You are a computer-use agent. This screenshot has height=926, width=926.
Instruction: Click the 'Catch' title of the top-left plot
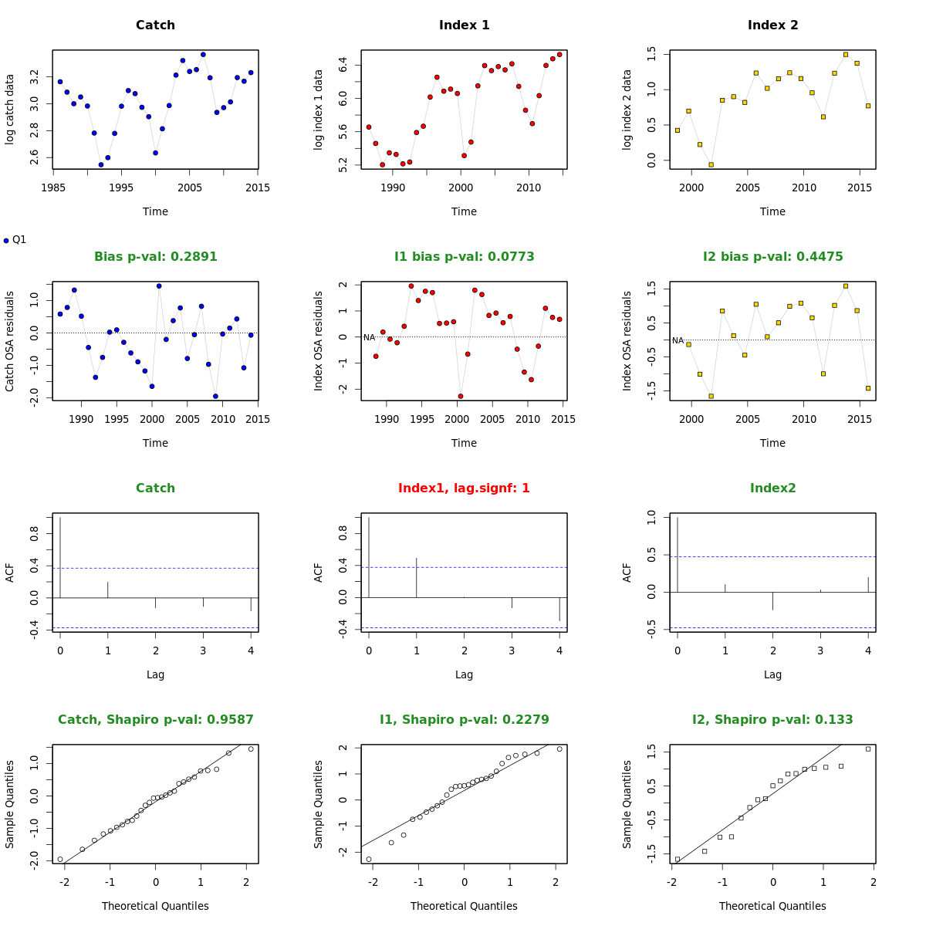click(155, 25)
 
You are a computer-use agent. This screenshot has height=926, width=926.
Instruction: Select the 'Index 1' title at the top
click(464, 25)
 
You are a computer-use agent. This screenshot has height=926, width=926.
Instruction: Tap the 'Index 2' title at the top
click(772, 25)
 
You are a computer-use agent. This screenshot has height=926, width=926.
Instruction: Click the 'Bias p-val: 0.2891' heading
click(155, 257)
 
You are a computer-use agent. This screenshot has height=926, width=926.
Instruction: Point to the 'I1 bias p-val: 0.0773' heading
click(464, 257)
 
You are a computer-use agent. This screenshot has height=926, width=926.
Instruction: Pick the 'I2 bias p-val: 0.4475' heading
click(772, 257)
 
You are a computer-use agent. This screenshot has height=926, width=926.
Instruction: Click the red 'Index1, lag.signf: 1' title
click(464, 488)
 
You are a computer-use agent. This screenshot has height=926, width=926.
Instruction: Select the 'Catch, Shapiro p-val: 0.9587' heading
click(155, 720)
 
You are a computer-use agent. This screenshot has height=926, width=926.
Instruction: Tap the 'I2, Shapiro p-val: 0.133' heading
click(772, 720)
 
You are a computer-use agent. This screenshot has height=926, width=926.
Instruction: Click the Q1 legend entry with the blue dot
click(15, 240)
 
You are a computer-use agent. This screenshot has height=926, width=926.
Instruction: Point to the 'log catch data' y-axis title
click(10, 109)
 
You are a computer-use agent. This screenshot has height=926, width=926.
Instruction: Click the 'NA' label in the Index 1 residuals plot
click(369, 337)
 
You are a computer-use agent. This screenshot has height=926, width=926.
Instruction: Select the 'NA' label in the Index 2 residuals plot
click(678, 340)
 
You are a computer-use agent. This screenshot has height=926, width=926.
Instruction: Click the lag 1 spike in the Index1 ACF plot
click(417, 577)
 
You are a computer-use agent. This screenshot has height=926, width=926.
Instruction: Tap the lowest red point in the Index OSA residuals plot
click(461, 396)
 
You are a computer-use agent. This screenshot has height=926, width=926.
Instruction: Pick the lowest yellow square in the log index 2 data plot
click(711, 164)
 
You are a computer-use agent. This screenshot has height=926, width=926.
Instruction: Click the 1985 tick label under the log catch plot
click(53, 188)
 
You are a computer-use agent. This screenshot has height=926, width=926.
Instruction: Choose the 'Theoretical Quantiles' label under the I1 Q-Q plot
click(464, 906)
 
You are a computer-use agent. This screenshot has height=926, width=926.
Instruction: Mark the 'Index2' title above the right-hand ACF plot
click(772, 488)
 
